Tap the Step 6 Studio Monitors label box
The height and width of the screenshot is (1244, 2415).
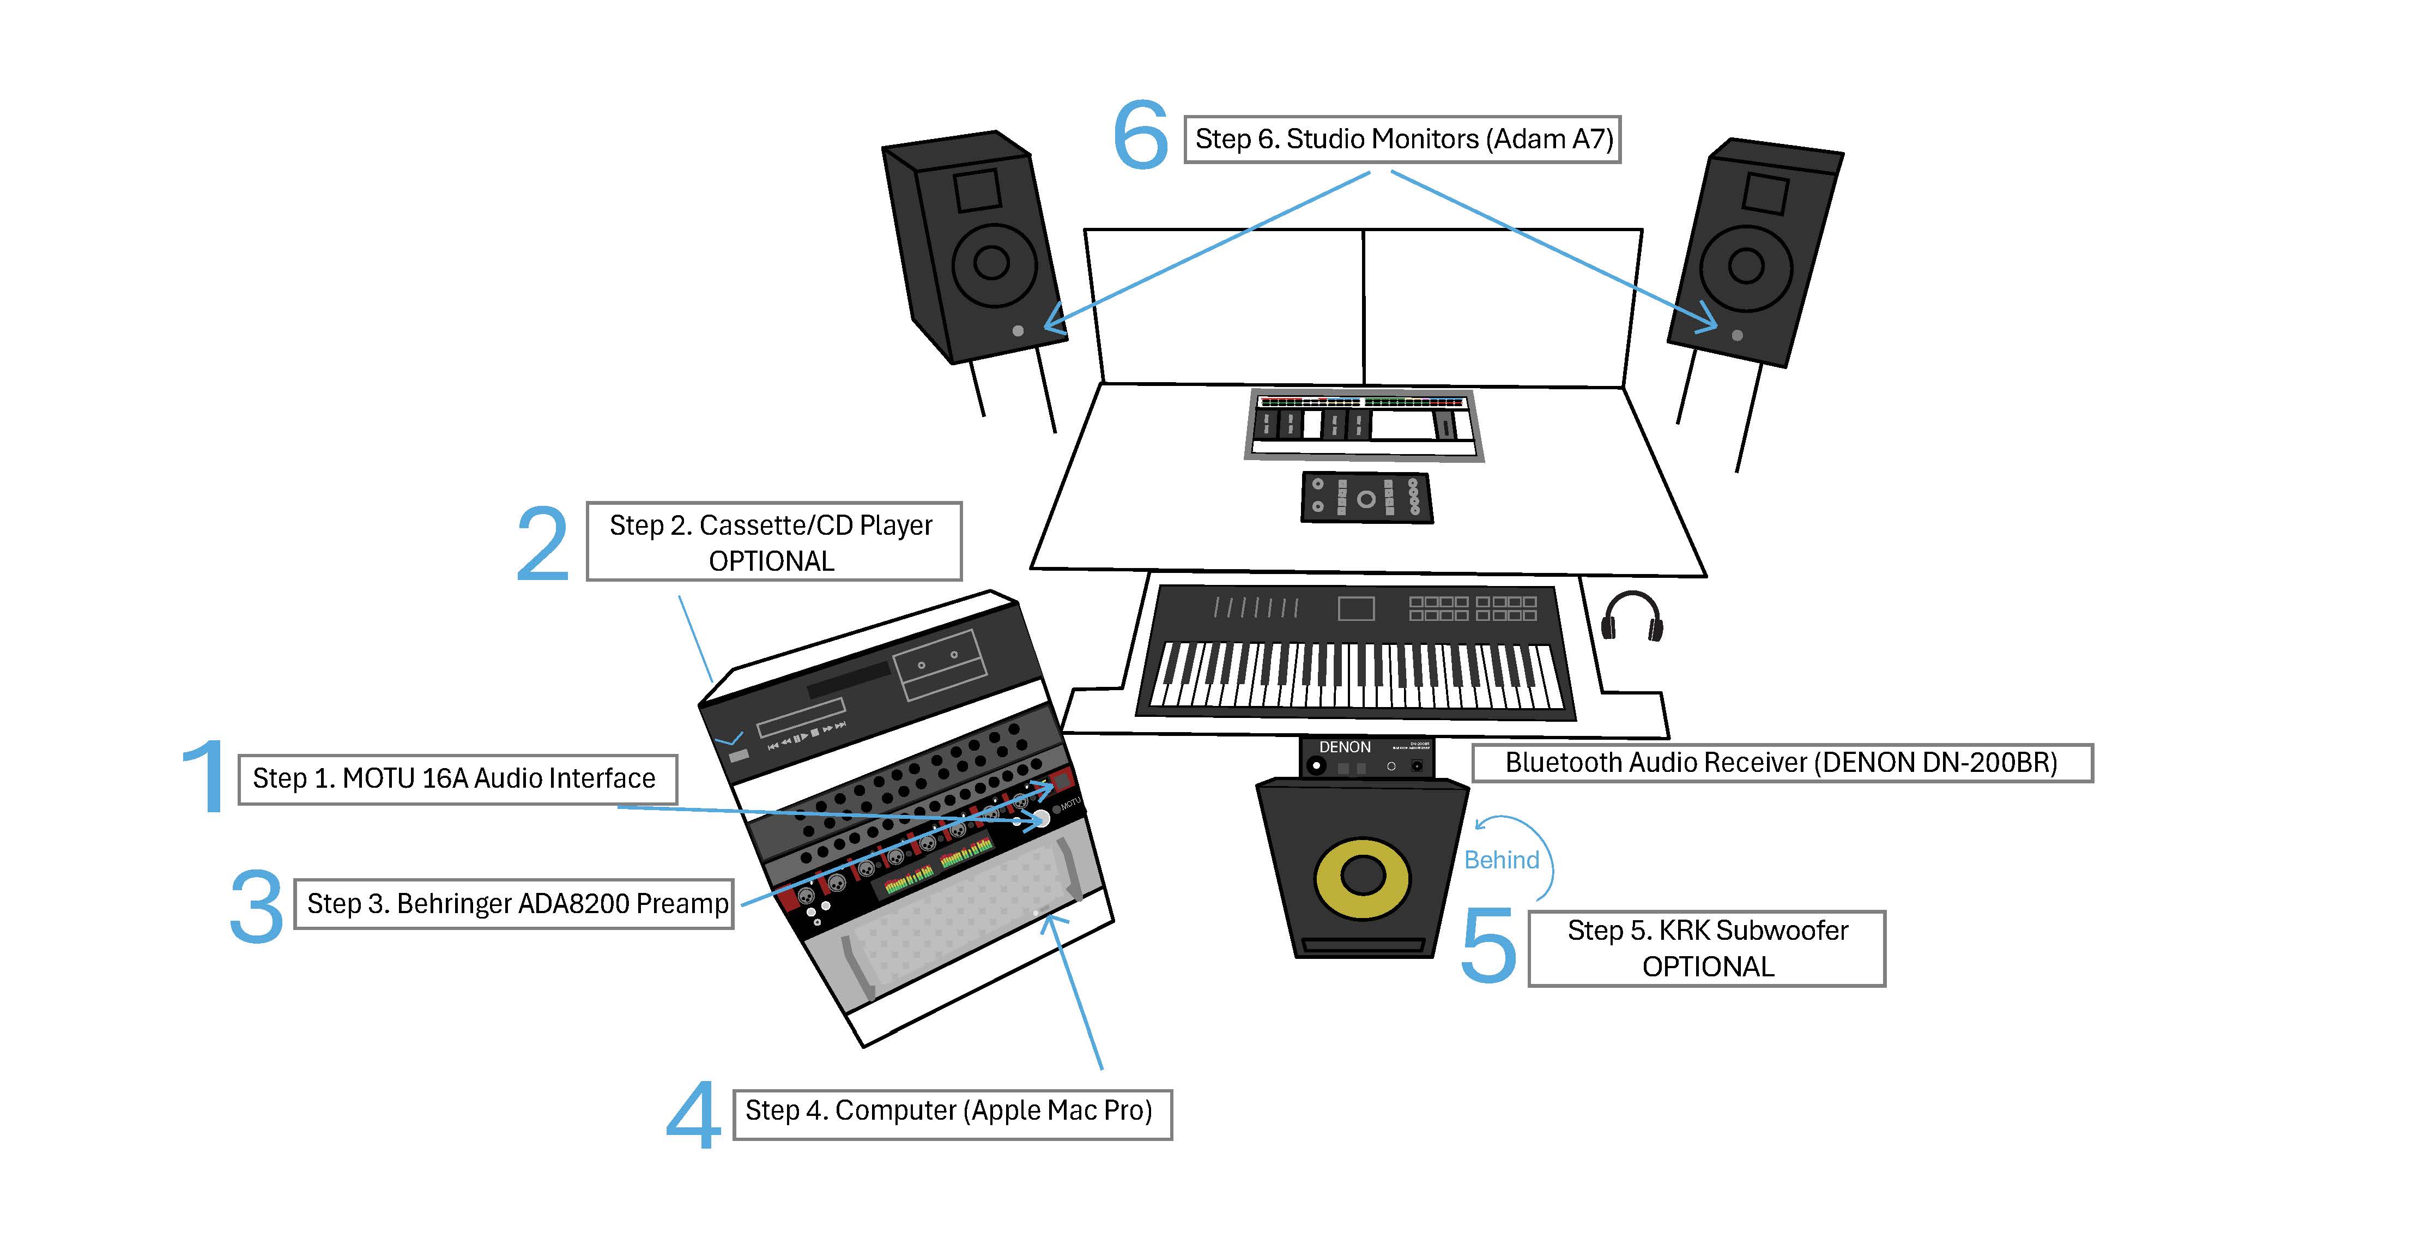[x=1402, y=140]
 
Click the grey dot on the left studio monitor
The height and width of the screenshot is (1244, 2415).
[x=1018, y=331]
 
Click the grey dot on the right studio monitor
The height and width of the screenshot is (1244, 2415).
[x=1737, y=335]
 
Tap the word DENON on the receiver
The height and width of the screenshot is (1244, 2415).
[x=1345, y=747]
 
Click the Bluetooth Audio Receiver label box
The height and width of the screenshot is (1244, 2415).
[x=1781, y=763]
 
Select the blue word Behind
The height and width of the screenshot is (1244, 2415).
[x=1502, y=861]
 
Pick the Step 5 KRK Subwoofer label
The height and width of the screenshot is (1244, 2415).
[x=1706, y=948]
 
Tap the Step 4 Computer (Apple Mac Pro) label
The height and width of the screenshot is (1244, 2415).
[x=952, y=1113]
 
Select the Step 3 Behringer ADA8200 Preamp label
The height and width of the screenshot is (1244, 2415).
[x=514, y=904]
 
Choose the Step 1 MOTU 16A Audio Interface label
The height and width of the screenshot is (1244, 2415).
[x=457, y=779]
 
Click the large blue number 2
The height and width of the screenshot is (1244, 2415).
[x=543, y=544]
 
